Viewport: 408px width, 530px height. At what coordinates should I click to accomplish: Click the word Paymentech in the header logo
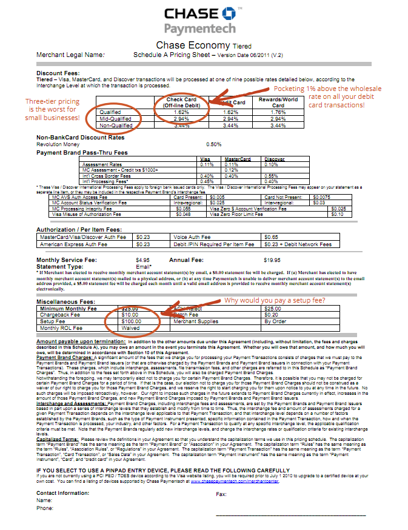(198, 29)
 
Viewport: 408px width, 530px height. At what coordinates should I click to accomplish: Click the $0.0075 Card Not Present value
(322, 197)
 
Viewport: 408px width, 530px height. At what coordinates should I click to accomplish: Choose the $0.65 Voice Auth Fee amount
(272, 236)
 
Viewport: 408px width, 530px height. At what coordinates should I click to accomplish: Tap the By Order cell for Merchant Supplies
(275, 321)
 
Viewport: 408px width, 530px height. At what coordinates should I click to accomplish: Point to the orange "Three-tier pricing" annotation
(52, 109)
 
